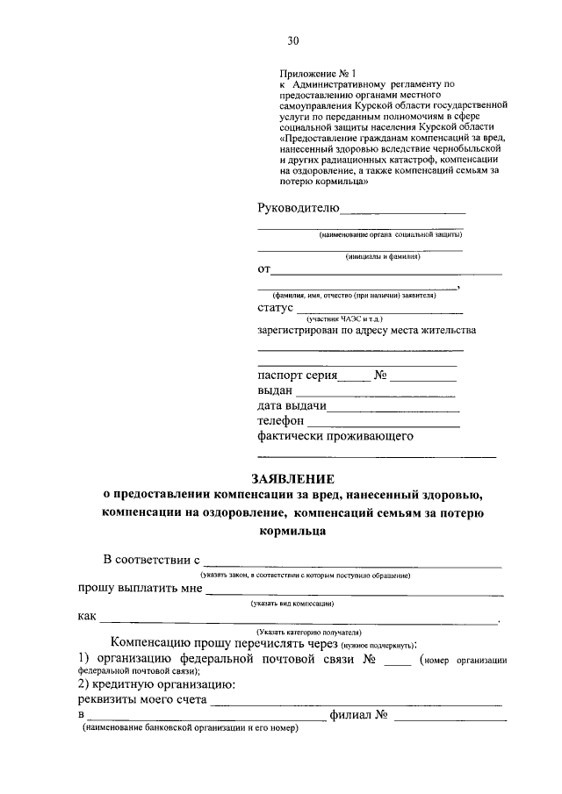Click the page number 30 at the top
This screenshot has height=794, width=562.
(x=293, y=40)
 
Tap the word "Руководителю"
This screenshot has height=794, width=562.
(x=298, y=208)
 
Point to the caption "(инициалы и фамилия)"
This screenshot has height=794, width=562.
(x=383, y=257)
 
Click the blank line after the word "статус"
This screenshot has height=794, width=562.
(x=378, y=312)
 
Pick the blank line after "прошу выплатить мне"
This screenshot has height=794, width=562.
(x=354, y=596)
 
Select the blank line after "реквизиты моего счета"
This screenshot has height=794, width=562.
(x=357, y=705)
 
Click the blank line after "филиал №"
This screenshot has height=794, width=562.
(x=450, y=720)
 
